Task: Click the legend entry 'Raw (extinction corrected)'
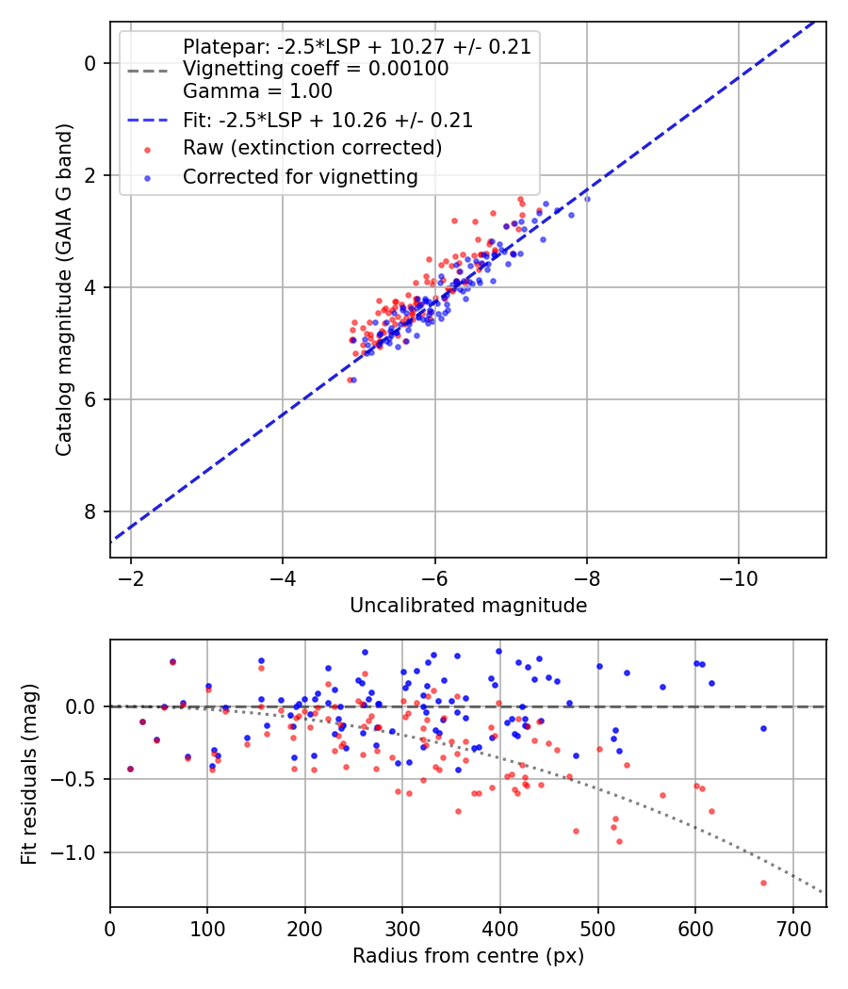tap(312, 148)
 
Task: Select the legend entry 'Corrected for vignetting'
tap(300, 176)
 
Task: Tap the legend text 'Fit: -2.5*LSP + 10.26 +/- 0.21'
tap(327, 121)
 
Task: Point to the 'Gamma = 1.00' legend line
tap(257, 91)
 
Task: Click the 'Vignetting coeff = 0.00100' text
tap(316, 69)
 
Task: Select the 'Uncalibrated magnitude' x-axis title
tap(468, 606)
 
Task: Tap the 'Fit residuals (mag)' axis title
tap(29, 773)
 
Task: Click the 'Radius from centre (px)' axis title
tap(468, 956)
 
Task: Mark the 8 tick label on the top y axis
tap(90, 511)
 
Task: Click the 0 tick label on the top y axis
tap(90, 63)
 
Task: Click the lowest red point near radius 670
tap(763, 883)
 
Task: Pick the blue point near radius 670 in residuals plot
tap(763, 728)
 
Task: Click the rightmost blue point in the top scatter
tap(587, 199)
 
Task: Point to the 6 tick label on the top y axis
tap(90, 399)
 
